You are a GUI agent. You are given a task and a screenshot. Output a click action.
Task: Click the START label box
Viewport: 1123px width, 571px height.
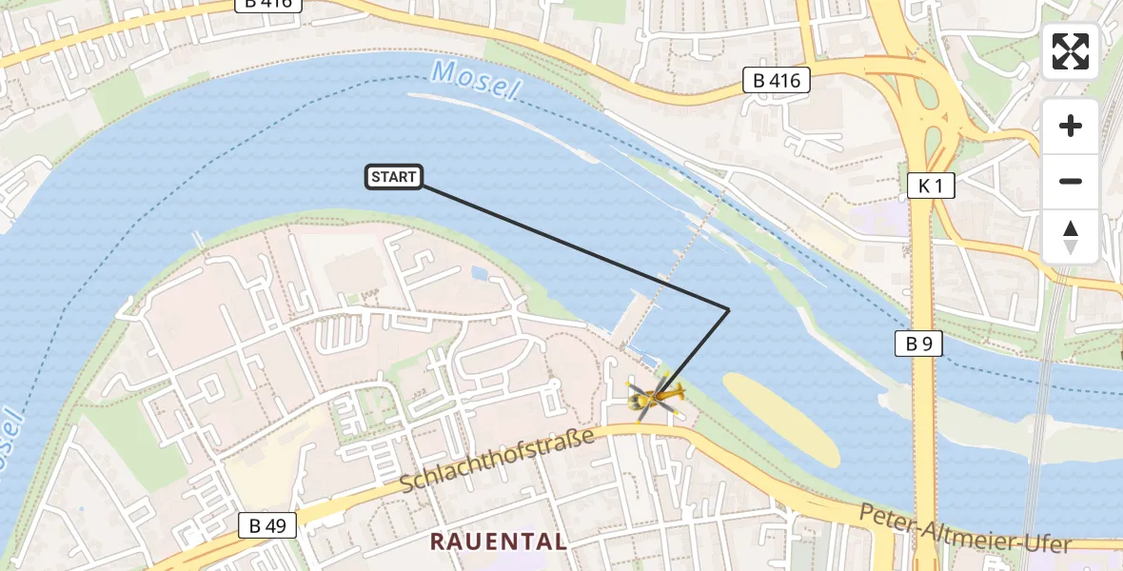[394, 176]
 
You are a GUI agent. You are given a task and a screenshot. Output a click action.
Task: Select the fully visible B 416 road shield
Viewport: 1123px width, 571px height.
[776, 81]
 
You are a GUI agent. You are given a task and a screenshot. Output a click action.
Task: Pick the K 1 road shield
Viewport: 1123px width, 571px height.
[929, 187]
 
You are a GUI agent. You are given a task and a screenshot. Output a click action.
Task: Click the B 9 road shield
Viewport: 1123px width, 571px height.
[918, 344]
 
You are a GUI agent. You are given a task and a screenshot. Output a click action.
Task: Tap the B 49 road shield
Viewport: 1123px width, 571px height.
[267, 524]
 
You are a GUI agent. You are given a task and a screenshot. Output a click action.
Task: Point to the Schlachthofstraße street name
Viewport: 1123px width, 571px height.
[497, 460]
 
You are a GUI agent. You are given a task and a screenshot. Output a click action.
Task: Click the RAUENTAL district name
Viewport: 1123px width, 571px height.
[499, 541]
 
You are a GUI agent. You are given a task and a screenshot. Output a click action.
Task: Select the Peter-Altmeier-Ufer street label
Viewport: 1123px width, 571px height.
[964, 529]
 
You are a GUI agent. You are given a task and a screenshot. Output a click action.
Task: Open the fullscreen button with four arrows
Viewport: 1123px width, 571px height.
[1071, 51]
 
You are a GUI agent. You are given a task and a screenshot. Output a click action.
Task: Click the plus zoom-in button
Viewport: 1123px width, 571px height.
[1071, 126]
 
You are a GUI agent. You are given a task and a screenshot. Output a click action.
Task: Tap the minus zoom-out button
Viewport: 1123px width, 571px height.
[1071, 181]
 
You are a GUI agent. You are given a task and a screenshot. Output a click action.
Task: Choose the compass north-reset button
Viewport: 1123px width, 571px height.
[1071, 236]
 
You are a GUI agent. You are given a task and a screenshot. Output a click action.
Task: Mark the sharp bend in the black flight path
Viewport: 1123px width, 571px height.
[728, 309]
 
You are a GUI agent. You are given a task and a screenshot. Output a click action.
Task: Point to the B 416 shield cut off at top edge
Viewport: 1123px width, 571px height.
[268, 4]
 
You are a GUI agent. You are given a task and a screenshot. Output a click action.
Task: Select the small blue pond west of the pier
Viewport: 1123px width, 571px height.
[478, 273]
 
